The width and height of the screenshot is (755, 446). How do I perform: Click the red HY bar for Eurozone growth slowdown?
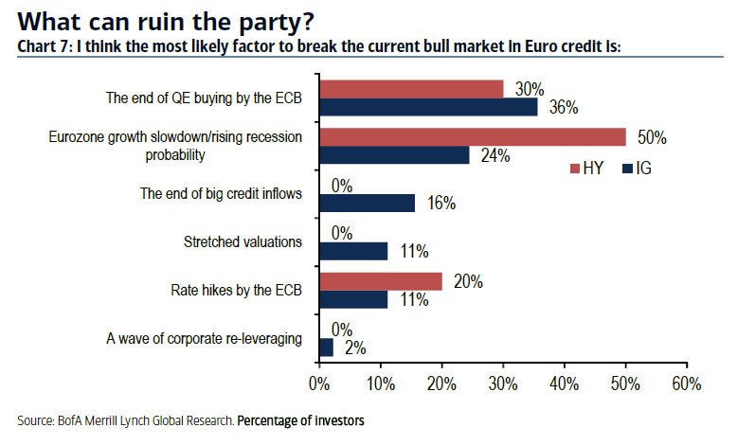[472, 137]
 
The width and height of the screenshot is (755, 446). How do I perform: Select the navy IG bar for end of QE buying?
[428, 107]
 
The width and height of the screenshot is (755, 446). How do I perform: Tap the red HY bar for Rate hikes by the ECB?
[381, 280]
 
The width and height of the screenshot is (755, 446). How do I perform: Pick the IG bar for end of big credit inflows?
[368, 203]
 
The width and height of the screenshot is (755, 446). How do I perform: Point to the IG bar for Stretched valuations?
[353, 251]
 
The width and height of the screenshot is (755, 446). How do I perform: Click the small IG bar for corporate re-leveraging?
[326, 348]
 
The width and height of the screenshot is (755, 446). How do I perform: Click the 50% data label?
[652, 138]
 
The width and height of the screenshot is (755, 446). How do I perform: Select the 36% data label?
[564, 107]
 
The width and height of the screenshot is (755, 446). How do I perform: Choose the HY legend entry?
[584, 169]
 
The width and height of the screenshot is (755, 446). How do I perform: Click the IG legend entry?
[637, 169]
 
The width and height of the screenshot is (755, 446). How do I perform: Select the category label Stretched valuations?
[242, 241]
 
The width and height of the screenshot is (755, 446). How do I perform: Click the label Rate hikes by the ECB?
[235, 290]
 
